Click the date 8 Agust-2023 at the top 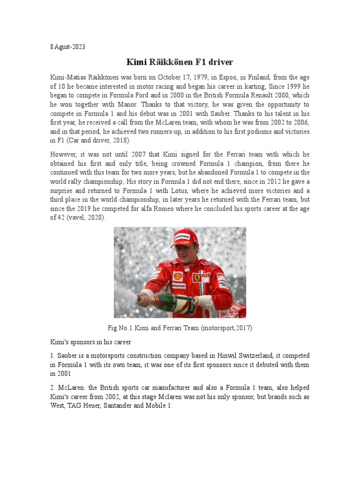coord(68,47)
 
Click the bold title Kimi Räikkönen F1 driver coord(180,62)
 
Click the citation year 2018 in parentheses coord(119,141)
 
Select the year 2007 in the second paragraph coord(131,155)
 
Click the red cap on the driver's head coord(184,237)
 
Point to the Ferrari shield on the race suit coord(198,277)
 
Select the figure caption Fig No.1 coord(121,328)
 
